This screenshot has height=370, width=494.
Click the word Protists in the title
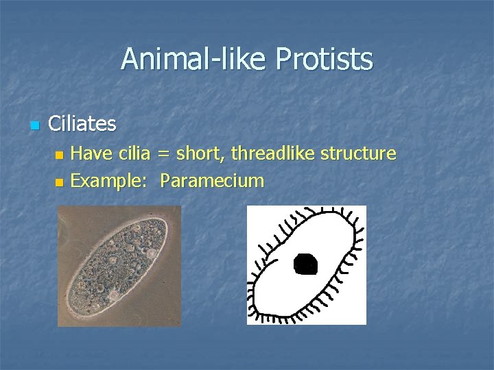point(324,59)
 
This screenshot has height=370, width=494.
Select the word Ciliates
point(82,124)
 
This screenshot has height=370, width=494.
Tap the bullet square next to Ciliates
point(34,125)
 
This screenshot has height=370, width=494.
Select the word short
point(199,153)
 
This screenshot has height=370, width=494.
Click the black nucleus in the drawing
point(305,262)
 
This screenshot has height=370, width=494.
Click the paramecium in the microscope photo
point(119,266)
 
